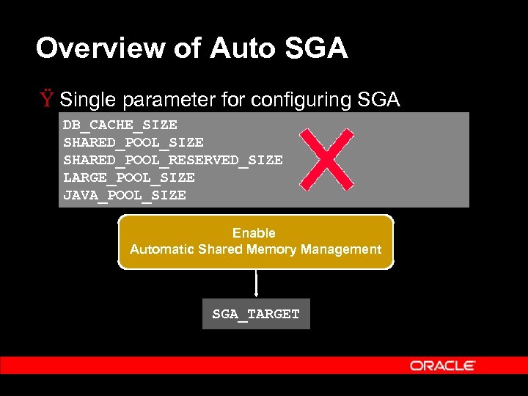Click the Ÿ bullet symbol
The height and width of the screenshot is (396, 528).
[47, 99]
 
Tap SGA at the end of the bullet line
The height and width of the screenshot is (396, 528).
[378, 99]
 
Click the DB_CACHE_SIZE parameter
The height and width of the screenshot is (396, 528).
[120, 125]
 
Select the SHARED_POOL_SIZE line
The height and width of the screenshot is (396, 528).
[133, 142]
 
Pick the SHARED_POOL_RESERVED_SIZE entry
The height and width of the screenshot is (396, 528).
[172, 160]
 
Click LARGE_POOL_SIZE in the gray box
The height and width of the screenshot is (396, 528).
[128, 177]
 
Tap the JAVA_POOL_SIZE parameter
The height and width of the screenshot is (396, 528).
[124, 195]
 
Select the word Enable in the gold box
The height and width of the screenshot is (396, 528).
[254, 233]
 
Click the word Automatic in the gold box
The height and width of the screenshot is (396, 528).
[162, 249]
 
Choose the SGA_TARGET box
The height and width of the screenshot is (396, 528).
[256, 314]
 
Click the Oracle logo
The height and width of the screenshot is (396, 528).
[443, 365]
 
